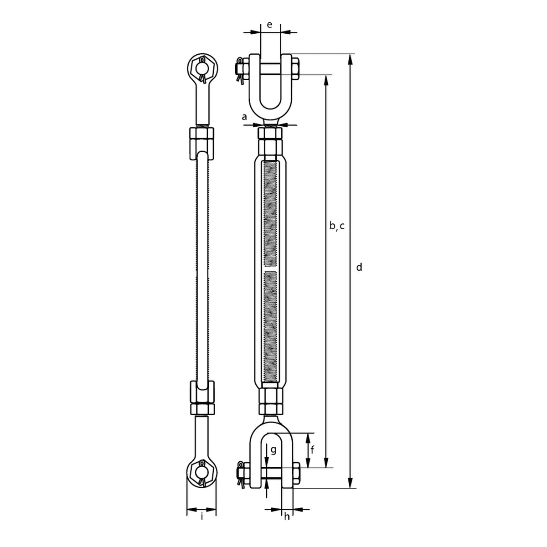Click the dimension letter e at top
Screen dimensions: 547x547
coord(269,25)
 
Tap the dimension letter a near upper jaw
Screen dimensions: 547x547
coord(244,117)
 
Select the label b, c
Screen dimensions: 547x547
coord(337,226)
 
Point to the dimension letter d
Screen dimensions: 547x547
coord(359,267)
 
